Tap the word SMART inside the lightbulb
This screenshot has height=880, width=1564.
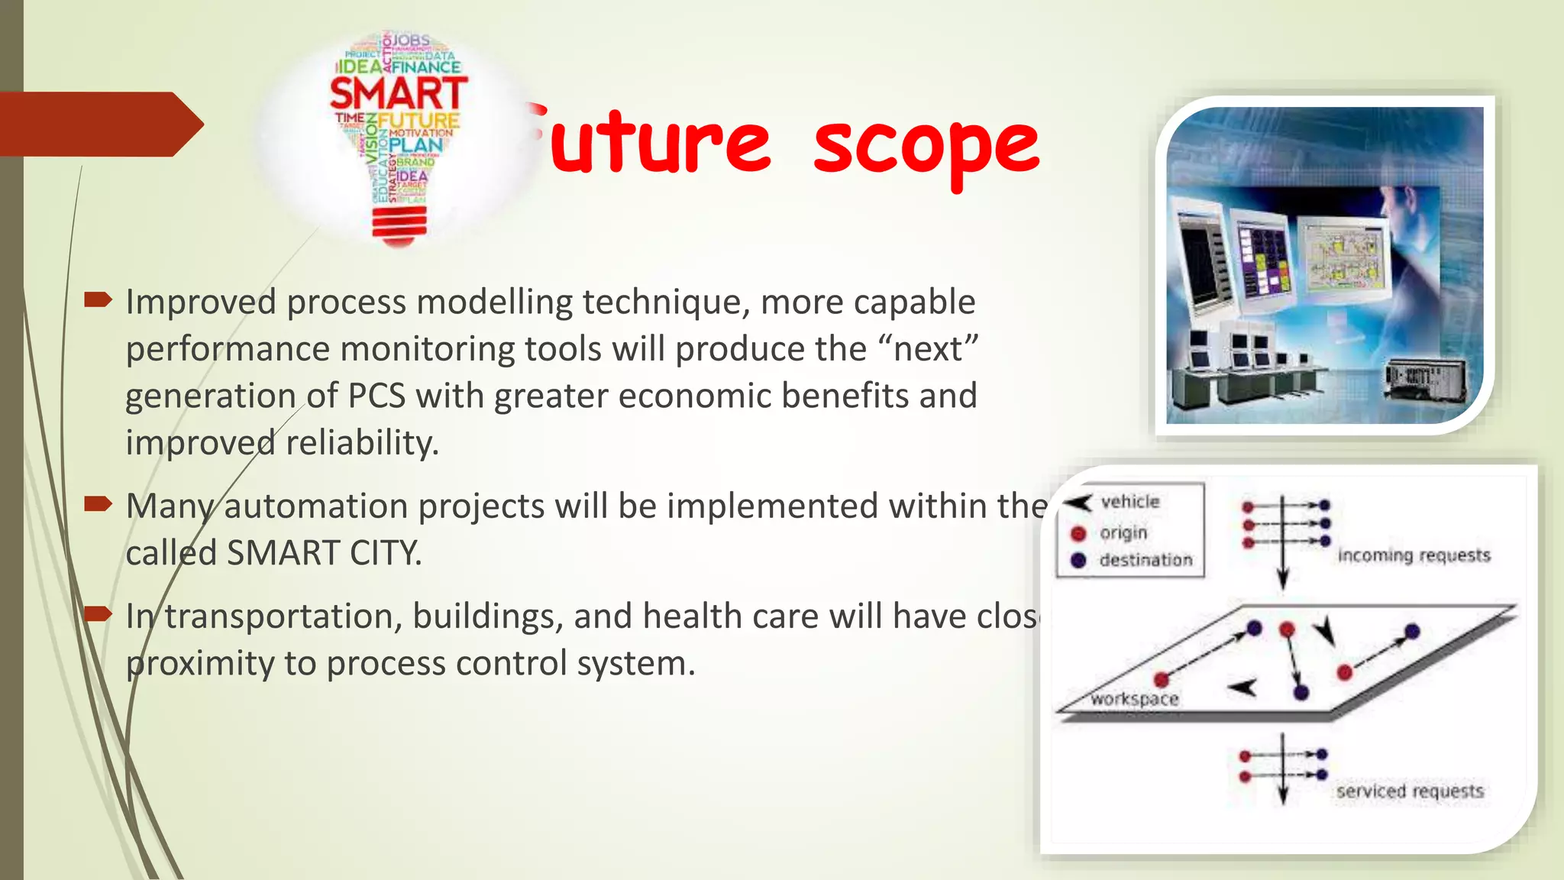pos(398,94)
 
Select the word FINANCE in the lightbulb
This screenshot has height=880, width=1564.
pos(426,67)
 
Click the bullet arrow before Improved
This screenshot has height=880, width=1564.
pos(98,299)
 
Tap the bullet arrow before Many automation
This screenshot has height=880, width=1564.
pos(98,503)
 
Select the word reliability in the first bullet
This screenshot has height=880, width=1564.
pos(362,442)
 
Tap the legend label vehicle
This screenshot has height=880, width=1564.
pos(1130,502)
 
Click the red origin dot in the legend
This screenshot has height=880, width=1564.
pos(1078,533)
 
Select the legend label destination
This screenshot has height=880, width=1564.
pos(1146,560)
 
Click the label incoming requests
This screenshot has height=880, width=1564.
pos(1414,555)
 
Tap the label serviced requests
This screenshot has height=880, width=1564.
pos(1410,791)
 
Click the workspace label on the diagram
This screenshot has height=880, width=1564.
pos(1135,699)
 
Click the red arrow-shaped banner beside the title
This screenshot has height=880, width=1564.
pos(99,124)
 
